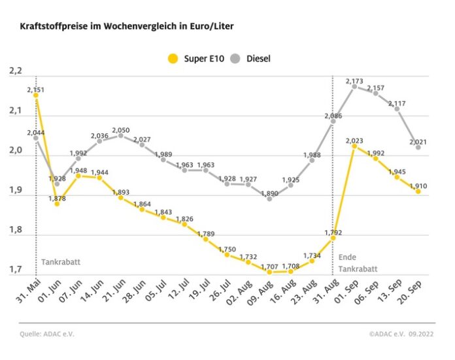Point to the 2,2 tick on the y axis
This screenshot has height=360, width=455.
click(x=14, y=71)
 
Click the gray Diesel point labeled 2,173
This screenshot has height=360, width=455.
click(x=354, y=86)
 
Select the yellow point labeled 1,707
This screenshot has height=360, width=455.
click(x=269, y=272)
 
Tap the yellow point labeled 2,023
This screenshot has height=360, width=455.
click(x=354, y=146)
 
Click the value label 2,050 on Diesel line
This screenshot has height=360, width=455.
click(x=120, y=130)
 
